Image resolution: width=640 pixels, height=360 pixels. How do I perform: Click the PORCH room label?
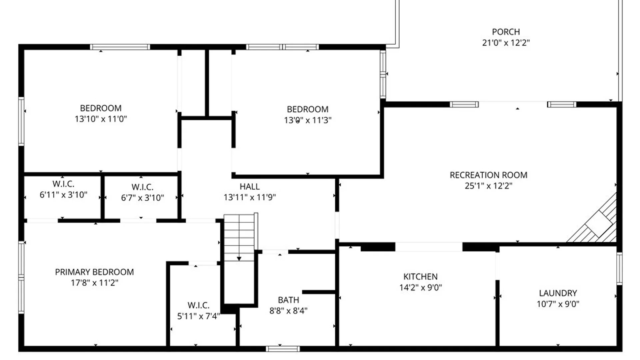[x=506, y=32]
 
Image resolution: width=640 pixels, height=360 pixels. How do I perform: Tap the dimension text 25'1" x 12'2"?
[x=488, y=186]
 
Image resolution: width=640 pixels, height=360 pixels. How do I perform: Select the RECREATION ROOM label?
[x=488, y=175]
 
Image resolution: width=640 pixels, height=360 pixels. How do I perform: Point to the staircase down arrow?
[x=239, y=258]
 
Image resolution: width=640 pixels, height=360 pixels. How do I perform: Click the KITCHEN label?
[x=420, y=277]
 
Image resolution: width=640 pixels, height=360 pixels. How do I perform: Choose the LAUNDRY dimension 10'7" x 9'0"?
[x=558, y=304]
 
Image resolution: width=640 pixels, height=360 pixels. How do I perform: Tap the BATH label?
[x=288, y=300]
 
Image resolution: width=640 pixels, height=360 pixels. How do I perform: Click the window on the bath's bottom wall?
[x=283, y=349]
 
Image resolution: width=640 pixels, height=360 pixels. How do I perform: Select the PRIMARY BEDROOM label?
[x=94, y=272]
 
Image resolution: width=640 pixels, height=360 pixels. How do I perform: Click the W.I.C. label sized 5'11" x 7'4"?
[x=198, y=305]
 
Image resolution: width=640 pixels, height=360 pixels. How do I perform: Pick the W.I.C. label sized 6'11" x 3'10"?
[x=63, y=184]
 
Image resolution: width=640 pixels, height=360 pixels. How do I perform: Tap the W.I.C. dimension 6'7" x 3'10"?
[x=142, y=198]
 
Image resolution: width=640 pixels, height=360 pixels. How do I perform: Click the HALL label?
[x=249, y=187]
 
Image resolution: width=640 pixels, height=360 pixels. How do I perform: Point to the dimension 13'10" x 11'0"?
[x=101, y=119]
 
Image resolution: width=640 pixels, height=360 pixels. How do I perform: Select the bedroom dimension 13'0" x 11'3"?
[x=307, y=120]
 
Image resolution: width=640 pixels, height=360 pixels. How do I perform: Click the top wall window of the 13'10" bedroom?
[x=120, y=47]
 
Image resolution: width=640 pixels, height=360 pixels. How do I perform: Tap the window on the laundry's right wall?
[x=619, y=268]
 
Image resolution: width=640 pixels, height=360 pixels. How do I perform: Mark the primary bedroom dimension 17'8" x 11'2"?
[x=94, y=283]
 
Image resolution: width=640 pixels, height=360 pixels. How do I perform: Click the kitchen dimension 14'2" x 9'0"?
[x=420, y=287]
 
